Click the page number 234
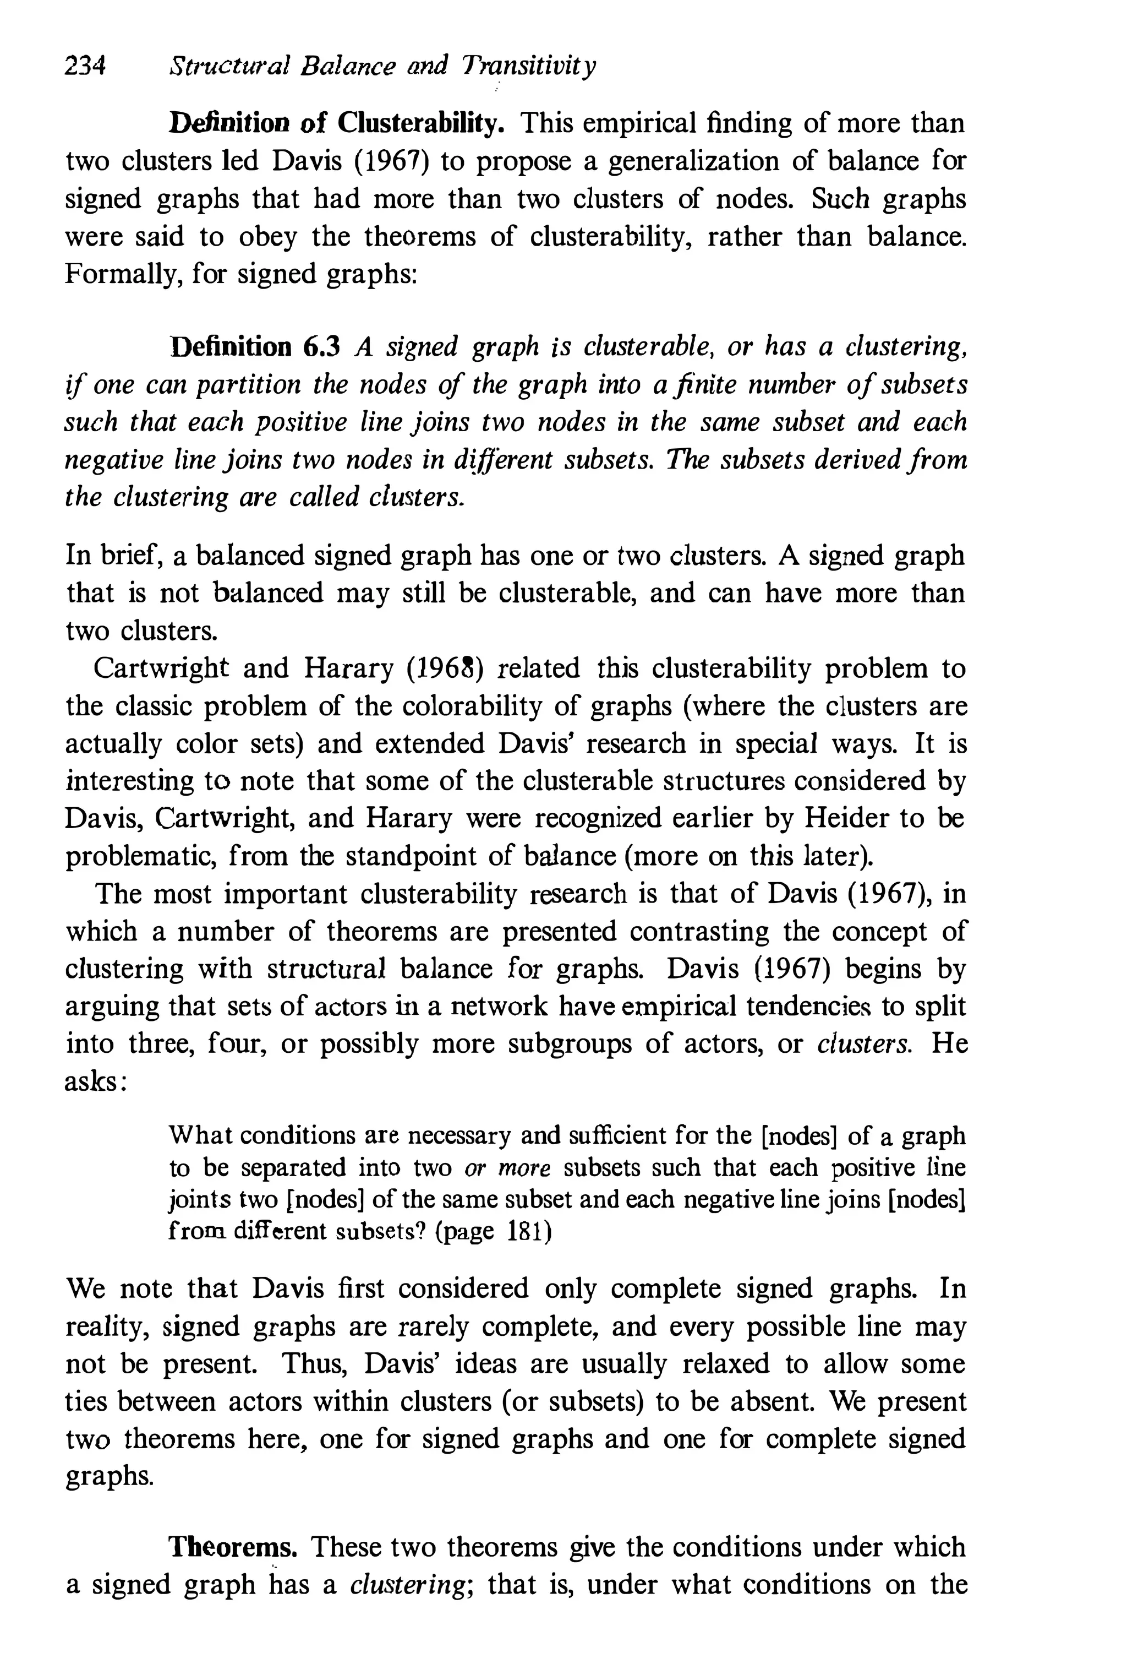[x=85, y=67]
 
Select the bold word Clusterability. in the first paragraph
[x=420, y=124]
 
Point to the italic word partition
[x=249, y=385]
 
